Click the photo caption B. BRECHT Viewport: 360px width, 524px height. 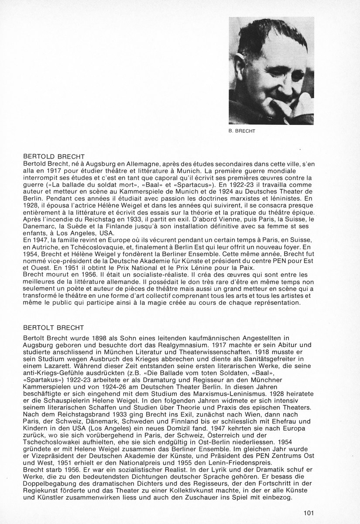(x=243, y=131)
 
